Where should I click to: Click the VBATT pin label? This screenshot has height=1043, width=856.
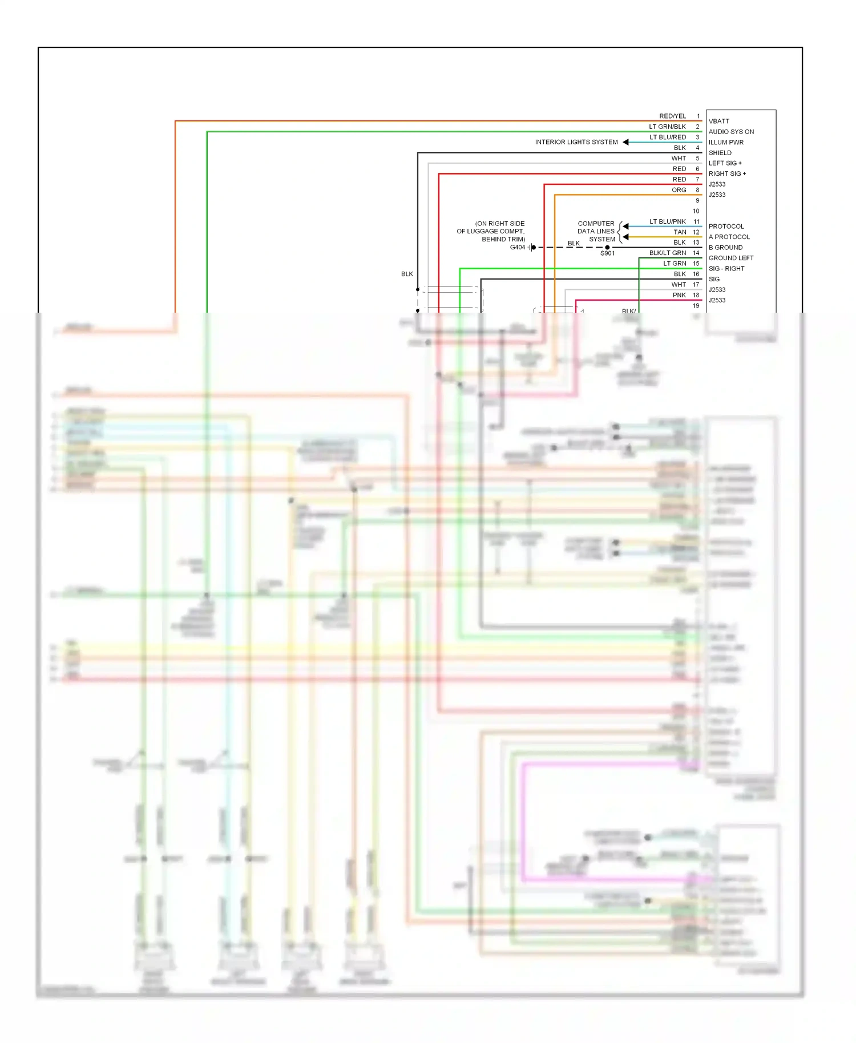click(718, 121)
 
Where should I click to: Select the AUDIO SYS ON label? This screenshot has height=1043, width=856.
click(730, 132)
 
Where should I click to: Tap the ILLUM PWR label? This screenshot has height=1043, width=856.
click(725, 143)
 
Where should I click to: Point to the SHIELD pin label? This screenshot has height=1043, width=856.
click(720, 153)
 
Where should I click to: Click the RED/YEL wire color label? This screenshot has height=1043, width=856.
click(672, 116)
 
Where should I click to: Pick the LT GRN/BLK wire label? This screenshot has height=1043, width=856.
click(667, 127)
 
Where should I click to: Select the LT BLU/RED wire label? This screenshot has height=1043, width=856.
click(667, 138)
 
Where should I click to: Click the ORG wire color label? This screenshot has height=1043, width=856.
click(679, 190)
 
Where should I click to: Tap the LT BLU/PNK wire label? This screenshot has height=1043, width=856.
click(667, 221)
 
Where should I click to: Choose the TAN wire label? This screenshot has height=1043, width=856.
click(680, 232)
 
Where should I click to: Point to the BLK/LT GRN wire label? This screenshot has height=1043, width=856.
click(667, 253)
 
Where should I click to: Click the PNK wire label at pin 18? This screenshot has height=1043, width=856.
click(679, 295)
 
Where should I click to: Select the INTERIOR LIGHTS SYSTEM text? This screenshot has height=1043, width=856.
click(576, 142)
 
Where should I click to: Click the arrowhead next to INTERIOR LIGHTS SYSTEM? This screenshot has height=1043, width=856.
click(625, 142)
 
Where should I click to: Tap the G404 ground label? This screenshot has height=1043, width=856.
click(517, 248)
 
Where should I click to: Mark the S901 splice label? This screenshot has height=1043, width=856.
click(607, 253)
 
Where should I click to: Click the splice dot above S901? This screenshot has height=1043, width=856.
click(607, 247)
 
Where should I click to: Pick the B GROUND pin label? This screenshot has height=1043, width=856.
click(725, 248)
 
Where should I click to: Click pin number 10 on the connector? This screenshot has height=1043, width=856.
click(696, 211)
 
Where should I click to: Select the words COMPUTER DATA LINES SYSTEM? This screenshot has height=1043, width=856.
click(596, 232)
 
